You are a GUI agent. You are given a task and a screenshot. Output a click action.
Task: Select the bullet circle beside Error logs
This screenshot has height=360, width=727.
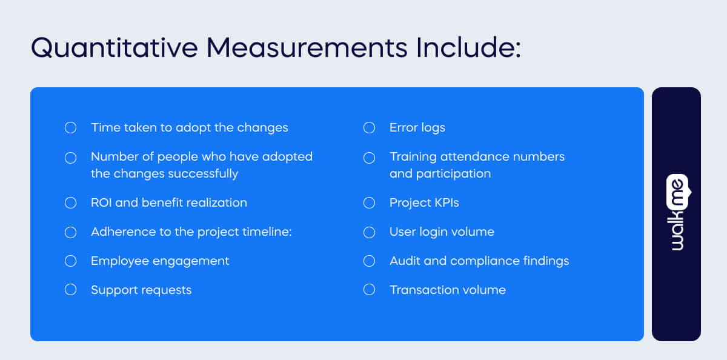(369, 128)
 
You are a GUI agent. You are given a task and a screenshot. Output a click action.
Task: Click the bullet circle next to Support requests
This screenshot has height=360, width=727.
(70, 290)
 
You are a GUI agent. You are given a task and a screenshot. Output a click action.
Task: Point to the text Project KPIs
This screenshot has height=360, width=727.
(424, 202)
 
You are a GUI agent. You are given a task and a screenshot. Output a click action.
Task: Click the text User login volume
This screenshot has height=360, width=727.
(442, 232)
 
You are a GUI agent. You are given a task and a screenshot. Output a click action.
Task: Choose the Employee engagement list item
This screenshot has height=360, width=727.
(160, 261)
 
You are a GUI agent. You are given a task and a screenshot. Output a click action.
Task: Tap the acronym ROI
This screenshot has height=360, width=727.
(101, 202)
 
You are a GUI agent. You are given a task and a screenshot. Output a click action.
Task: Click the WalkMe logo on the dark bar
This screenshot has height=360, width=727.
(677, 213)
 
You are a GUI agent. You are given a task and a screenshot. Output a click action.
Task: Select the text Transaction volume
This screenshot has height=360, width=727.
(447, 290)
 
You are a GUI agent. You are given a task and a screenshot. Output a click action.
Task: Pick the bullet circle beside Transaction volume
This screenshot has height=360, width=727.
(369, 290)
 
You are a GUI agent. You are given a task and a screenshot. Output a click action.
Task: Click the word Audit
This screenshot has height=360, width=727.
(404, 261)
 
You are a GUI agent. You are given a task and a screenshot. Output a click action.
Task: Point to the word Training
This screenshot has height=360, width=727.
(413, 157)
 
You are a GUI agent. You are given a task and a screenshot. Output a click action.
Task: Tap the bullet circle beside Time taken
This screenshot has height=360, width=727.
(70, 128)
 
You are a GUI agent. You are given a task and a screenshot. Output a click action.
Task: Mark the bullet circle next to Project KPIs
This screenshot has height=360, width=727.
(369, 202)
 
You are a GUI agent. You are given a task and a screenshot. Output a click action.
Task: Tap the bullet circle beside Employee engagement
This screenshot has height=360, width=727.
(70, 261)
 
